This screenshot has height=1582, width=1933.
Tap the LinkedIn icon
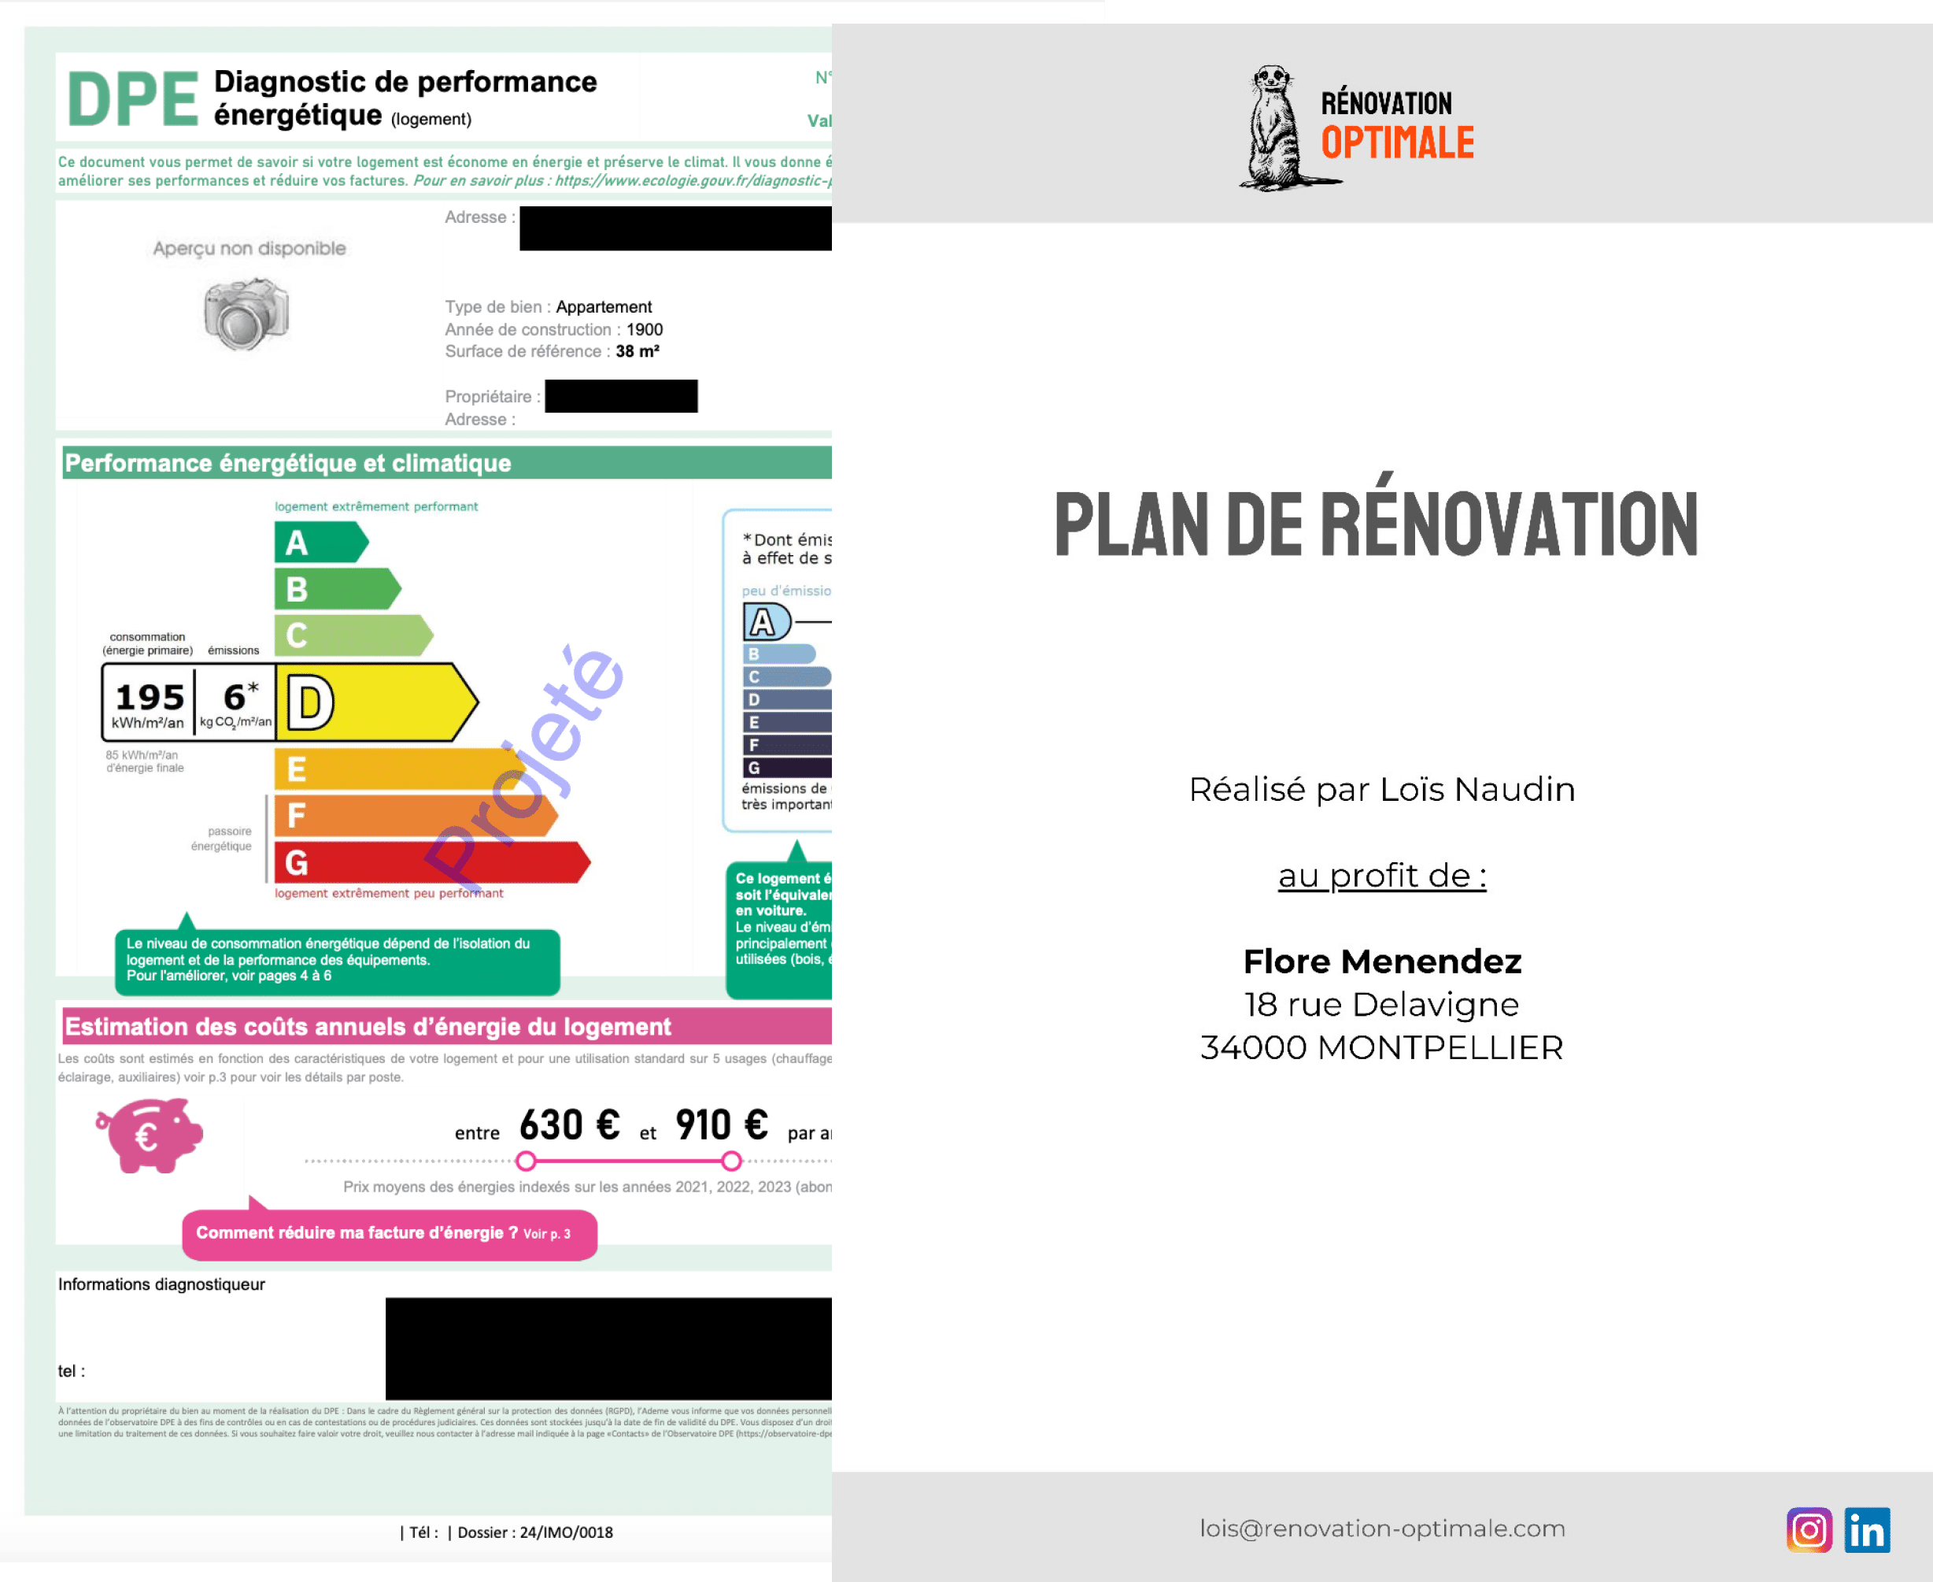1867,1530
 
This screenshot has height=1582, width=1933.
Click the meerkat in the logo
1275,128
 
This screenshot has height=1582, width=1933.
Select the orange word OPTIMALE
1397,143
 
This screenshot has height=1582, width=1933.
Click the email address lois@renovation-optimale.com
1382,1528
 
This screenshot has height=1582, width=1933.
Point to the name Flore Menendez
1382,961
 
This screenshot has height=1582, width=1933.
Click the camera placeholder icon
246,314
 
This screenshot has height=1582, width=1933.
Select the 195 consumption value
150,697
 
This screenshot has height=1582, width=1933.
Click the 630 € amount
569,1125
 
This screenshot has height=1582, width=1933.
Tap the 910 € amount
722,1125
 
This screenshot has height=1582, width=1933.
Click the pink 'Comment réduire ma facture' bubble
389,1234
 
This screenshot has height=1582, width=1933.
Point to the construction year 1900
644,329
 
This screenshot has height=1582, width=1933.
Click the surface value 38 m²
637,351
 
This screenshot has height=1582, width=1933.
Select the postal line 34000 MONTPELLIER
1382,1048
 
